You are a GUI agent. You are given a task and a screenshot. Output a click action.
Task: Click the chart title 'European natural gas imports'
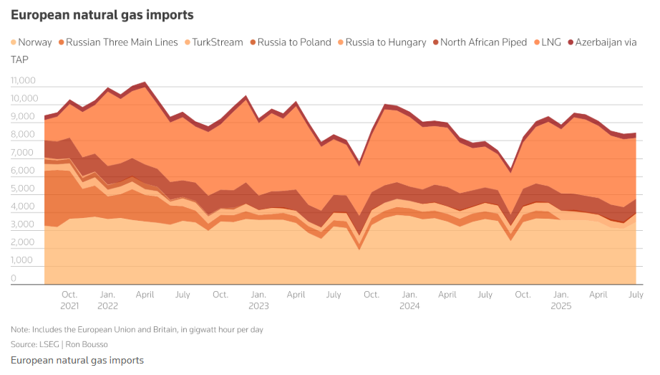point(102,14)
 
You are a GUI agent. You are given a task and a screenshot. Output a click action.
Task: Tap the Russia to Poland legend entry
point(294,42)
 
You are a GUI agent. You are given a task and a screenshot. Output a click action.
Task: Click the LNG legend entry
point(550,42)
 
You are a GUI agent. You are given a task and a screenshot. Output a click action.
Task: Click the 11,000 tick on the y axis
point(24,80)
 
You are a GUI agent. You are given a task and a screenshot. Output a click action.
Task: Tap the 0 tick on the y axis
point(14,278)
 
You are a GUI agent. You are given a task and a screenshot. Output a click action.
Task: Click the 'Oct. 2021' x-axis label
point(69,300)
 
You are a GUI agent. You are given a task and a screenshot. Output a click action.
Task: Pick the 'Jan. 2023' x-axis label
point(258,300)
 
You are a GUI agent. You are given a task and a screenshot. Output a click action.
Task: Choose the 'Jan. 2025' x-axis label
point(560,300)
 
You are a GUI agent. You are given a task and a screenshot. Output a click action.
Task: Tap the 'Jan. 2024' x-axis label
point(409,300)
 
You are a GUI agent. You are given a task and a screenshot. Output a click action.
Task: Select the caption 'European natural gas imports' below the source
point(77,360)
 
